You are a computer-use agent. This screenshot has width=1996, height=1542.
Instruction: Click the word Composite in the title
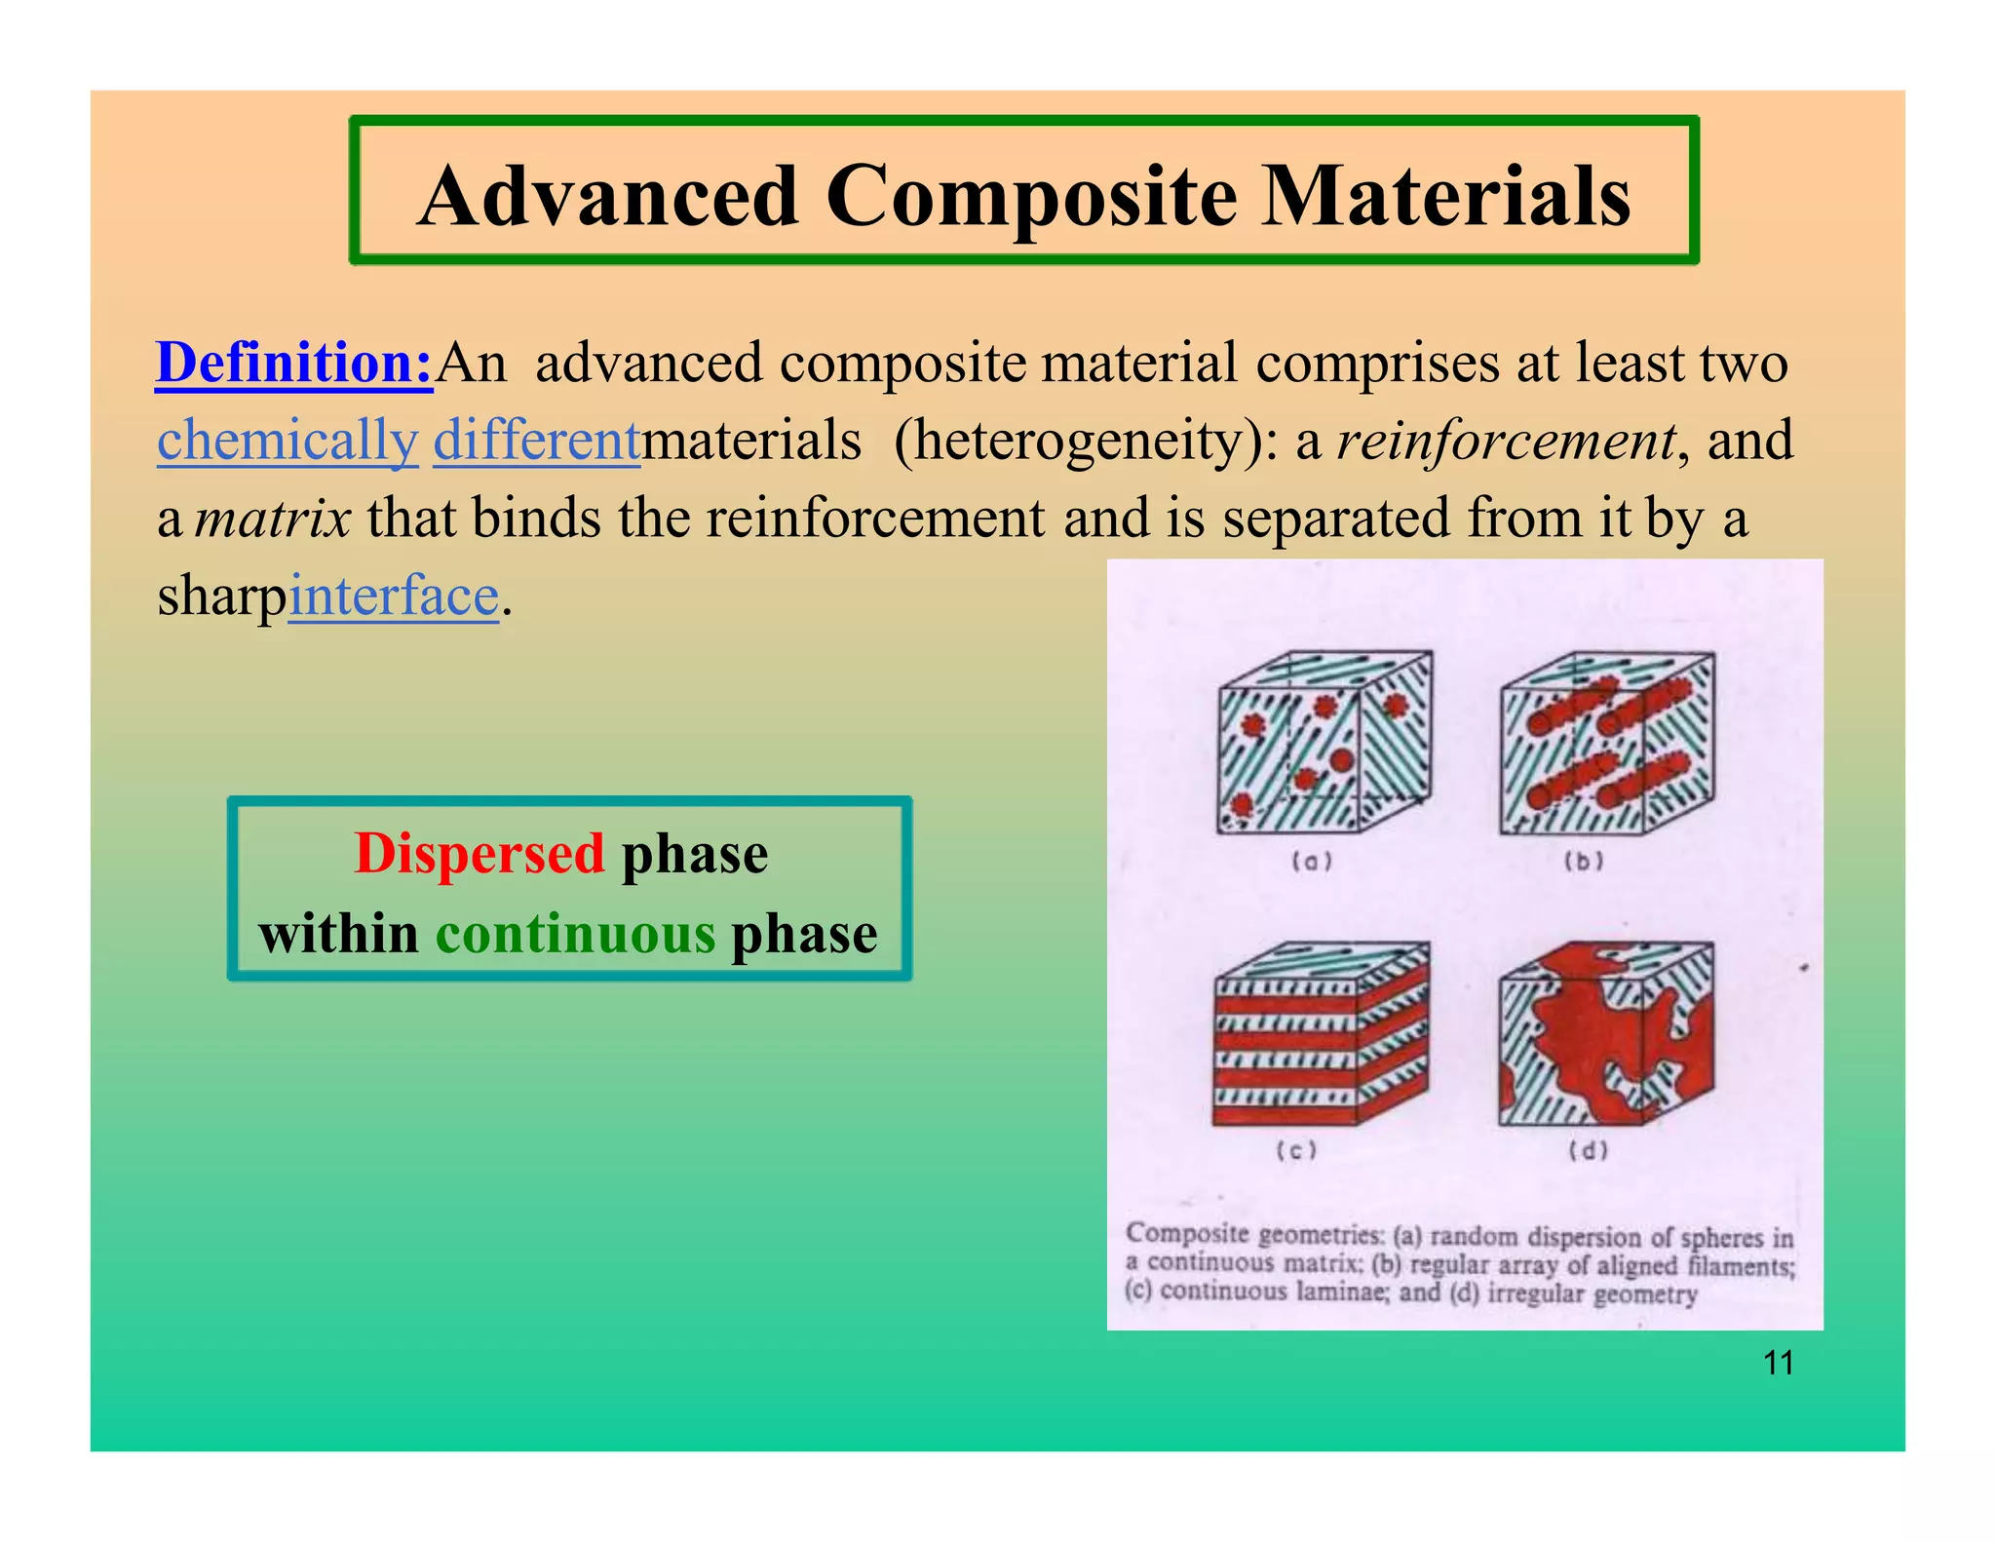click(x=1032, y=197)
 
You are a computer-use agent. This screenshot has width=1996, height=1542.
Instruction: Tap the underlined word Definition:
click(x=294, y=363)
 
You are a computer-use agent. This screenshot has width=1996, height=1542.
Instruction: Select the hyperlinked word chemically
click(x=288, y=441)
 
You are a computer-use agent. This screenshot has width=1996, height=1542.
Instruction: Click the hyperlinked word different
click(x=536, y=441)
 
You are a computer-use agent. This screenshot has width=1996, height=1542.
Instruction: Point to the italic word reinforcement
click(x=1507, y=441)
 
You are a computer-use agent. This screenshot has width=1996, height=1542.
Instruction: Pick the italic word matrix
click(x=273, y=519)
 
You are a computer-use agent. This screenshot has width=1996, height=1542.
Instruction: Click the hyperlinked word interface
click(x=394, y=596)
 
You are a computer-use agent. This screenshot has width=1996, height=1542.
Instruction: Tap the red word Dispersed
click(x=480, y=854)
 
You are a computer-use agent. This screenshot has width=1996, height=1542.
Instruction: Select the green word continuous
click(x=575, y=934)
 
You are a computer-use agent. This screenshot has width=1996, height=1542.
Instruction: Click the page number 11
click(x=1779, y=1363)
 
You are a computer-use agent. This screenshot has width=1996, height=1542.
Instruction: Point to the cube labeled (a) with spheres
click(x=1323, y=744)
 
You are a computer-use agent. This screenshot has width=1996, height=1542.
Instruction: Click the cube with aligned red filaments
click(x=1605, y=744)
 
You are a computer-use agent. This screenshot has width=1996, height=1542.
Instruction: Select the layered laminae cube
click(x=1321, y=1033)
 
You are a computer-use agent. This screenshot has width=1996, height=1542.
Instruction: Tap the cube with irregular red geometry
click(x=1605, y=1033)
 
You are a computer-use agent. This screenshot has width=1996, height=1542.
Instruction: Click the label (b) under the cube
click(x=1584, y=862)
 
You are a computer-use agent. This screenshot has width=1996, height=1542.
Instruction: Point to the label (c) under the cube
click(x=1297, y=1150)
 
